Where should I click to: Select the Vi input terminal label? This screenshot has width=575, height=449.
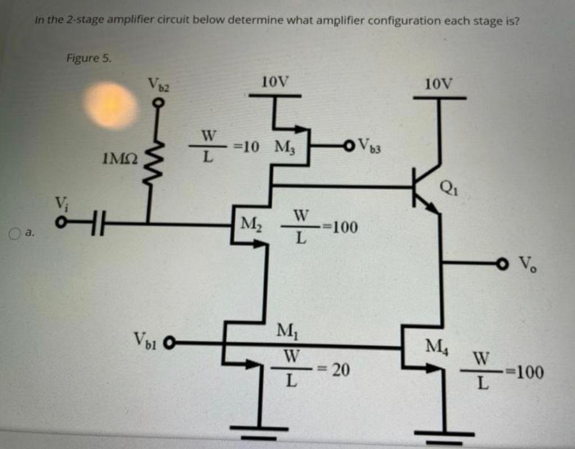click(59, 203)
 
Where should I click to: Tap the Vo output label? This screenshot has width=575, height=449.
click(527, 263)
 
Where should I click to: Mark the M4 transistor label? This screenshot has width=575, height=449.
click(435, 343)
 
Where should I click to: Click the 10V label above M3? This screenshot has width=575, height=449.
click(275, 82)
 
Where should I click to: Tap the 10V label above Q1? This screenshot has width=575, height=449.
click(439, 84)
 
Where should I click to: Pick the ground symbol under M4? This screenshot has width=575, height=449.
click(444, 434)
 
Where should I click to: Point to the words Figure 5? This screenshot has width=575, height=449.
click(89, 57)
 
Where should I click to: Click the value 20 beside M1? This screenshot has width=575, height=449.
click(340, 370)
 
